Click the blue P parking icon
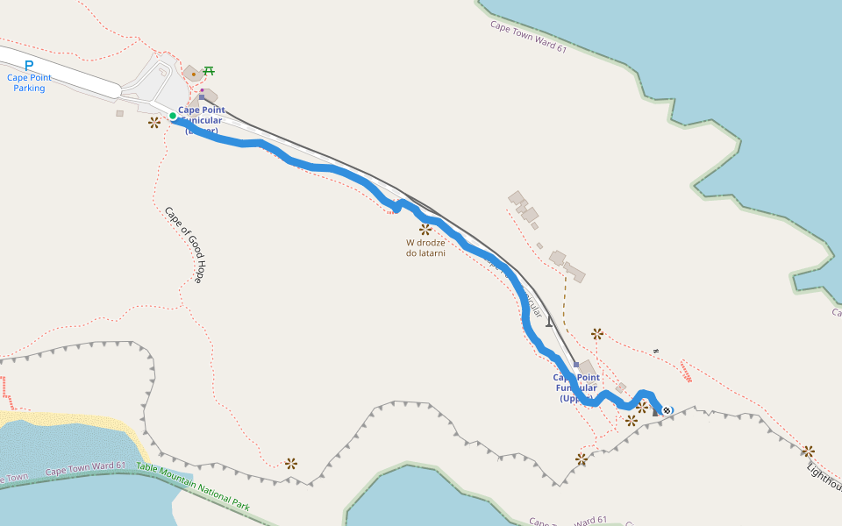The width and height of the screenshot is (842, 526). click(29, 65)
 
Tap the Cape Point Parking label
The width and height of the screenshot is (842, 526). click(29, 82)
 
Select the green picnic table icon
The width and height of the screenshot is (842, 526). click(209, 71)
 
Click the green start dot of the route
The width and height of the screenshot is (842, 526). click(173, 116)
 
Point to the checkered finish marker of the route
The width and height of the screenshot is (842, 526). click(667, 410)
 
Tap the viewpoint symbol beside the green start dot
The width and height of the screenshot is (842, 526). click(154, 122)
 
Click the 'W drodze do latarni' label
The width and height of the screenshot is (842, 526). click(425, 248)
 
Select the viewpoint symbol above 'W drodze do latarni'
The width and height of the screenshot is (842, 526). click(425, 229)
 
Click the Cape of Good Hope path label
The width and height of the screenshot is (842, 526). click(185, 245)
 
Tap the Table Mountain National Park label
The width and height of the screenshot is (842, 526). click(193, 487)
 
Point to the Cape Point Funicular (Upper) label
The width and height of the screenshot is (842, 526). click(576, 387)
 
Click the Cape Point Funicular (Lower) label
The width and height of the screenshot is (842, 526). click(201, 120)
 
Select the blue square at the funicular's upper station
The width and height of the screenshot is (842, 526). click(575, 364)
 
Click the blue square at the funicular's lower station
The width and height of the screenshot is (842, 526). click(202, 97)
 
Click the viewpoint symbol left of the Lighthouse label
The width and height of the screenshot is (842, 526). click(808, 451)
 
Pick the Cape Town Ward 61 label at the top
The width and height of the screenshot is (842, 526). click(528, 38)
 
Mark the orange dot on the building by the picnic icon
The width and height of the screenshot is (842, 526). click(194, 75)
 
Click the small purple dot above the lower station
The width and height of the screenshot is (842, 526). click(201, 89)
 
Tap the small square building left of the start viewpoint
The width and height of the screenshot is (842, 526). click(120, 113)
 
